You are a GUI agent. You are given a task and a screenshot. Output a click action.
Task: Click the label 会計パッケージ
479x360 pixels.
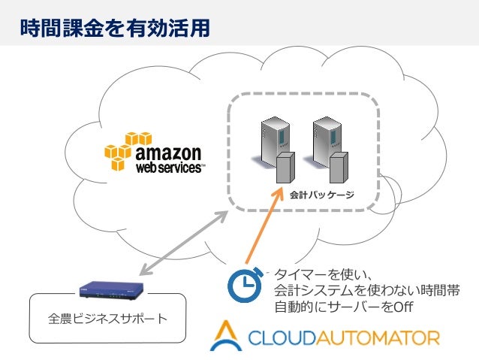tap(322, 195)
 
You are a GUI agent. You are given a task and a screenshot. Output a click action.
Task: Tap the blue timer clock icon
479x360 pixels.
tap(243, 283)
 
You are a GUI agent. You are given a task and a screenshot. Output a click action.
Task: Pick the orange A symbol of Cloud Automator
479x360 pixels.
tap(224, 336)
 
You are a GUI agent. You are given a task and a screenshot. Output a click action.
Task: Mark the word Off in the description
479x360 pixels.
tap(403, 307)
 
